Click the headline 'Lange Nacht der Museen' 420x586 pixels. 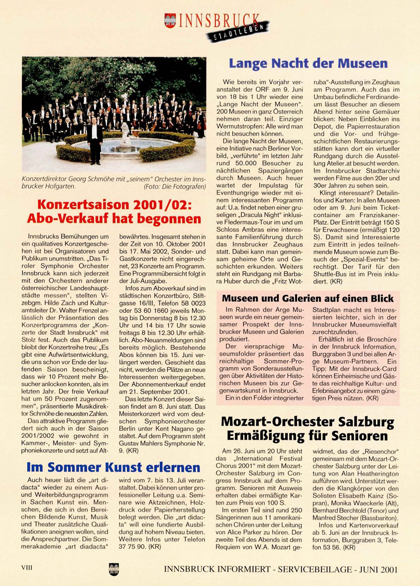(x=308, y=64)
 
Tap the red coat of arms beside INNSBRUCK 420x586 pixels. (x=170, y=20)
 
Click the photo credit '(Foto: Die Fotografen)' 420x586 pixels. (x=174, y=187)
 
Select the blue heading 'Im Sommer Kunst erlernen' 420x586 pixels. (x=113, y=467)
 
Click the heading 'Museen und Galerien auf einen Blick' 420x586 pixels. (x=307, y=299)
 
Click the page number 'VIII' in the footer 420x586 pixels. (x=27, y=568)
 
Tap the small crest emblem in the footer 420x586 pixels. (x=114, y=569)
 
